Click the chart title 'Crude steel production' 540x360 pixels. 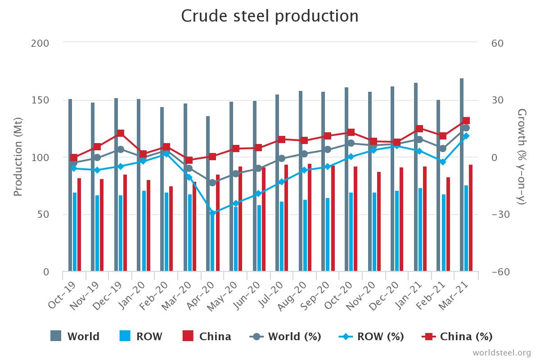tap(270, 16)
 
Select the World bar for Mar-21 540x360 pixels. tap(462, 175)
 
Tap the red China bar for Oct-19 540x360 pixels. tap(79, 225)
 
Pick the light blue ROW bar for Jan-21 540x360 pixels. tap(420, 229)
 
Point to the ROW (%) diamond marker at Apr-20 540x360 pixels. tap(212, 213)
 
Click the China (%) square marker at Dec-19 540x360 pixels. tap(121, 133)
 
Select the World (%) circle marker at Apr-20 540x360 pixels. tap(212, 183)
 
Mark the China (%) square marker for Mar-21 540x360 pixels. tap(466, 121)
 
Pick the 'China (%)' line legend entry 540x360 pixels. tap(457, 336)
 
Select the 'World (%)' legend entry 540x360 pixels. tap(285, 336)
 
